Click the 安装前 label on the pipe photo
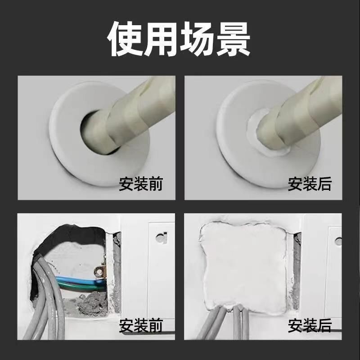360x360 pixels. click(140, 184)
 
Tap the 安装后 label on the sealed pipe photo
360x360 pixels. click(309, 184)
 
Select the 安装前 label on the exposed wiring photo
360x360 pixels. click(140, 325)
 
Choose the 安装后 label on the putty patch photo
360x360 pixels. click(309, 325)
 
